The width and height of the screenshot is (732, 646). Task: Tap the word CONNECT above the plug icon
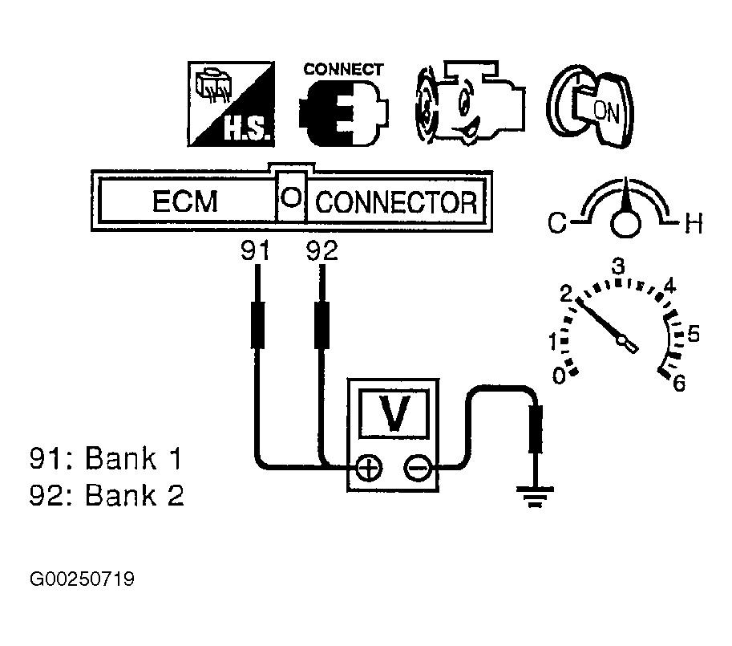(343, 69)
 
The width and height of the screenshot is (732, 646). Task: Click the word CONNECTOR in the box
(397, 202)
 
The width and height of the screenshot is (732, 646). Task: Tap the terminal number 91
(256, 251)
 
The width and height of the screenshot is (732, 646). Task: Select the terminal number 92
(322, 251)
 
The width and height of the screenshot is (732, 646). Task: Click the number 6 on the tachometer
(678, 384)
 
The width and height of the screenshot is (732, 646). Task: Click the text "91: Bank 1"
(105, 460)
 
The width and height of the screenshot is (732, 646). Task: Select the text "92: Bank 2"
(106, 496)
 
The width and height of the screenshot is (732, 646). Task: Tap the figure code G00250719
(82, 579)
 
